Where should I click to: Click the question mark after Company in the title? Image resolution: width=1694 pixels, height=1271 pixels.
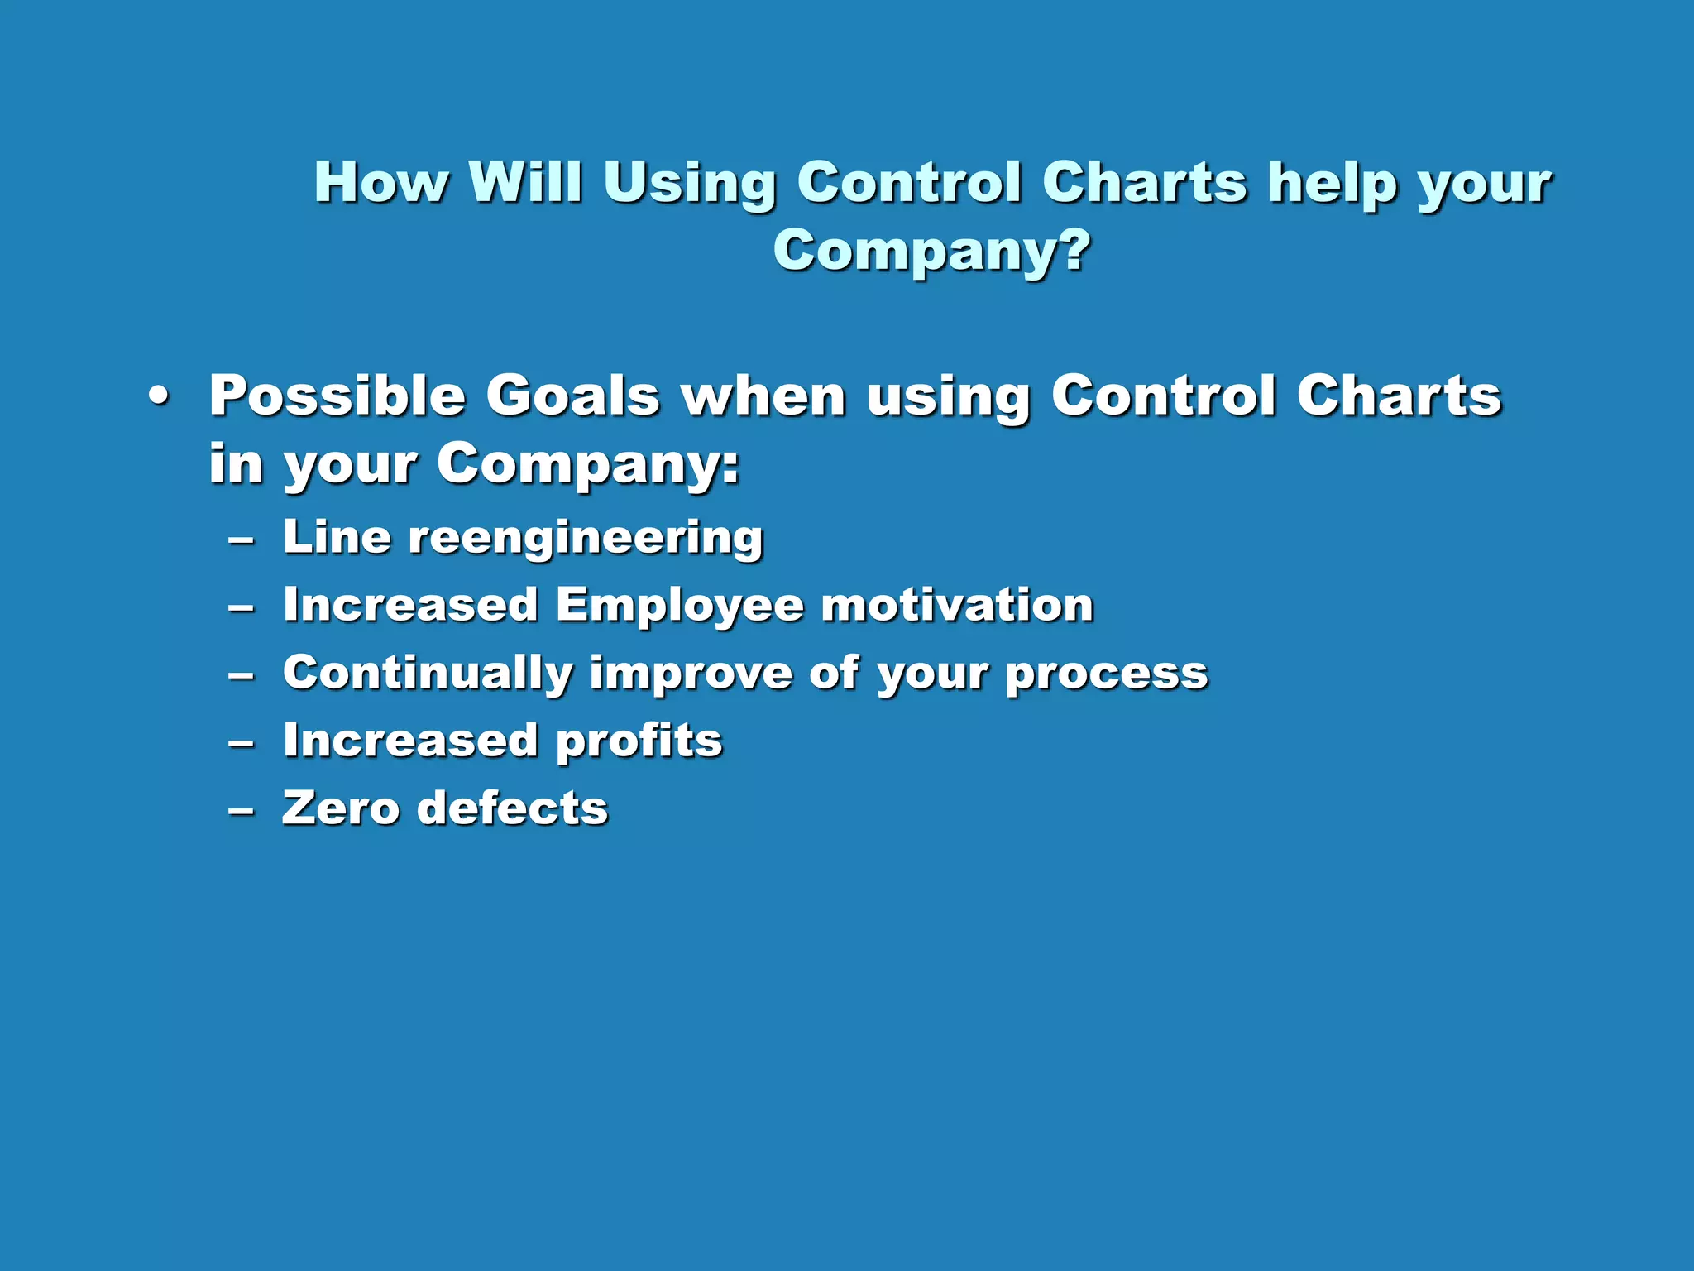point(1073,250)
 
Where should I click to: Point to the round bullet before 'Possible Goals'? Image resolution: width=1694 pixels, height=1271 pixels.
point(159,397)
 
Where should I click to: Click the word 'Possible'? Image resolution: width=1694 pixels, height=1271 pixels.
point(337,396)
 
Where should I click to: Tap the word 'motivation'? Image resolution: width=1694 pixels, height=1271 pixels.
point(957,605)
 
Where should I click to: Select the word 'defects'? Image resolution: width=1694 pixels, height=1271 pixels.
point(512,808)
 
